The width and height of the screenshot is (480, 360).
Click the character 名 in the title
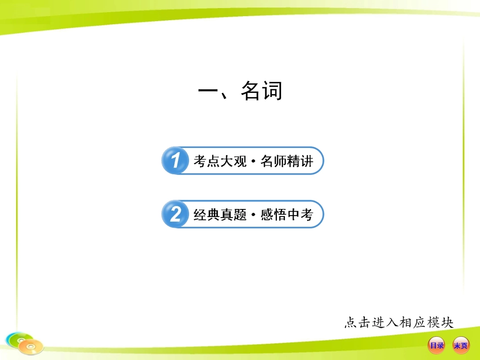point(251,91)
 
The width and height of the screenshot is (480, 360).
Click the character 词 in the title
point(272,91)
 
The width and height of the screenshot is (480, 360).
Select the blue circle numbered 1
point(175,161)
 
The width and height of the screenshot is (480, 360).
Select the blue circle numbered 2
point(175,214)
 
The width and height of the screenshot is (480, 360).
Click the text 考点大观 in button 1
point(220,162)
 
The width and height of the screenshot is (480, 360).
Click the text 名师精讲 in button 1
point(287,162)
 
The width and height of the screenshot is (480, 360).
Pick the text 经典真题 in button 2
point(220,215)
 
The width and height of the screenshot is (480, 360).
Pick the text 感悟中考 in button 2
point(287,215)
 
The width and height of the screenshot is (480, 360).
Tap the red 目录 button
point(436,345)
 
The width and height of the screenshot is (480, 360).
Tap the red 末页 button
point(460,345)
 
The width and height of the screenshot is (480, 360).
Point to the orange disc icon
point(32,347)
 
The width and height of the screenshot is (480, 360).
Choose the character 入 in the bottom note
point(393,322)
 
